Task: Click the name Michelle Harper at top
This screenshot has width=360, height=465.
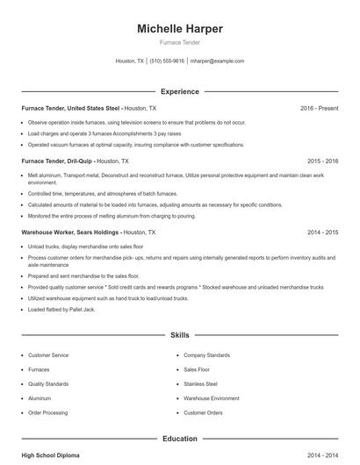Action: tap(180, 29)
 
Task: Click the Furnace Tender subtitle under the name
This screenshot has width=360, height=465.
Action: tap(180, 43)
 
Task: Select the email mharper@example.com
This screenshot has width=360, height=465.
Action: tap(217, 61)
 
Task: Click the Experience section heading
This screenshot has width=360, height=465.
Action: tap(180, 91)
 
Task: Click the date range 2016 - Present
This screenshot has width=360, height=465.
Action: tap(319, 108)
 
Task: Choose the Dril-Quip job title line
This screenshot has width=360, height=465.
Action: tap(75, 161)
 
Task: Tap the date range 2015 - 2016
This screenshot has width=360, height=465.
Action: tap(322, 161)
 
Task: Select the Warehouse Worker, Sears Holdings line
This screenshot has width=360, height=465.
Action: tap(88, 232)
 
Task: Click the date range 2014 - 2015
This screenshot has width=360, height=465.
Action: tap(322, 232)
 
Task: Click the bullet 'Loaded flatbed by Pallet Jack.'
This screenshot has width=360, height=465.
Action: tap(64, 310)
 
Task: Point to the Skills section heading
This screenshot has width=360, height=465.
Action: tap(180, 335)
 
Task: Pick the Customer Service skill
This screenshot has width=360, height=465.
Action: tap(49, 355)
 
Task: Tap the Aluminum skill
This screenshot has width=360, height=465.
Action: tap(40, 398)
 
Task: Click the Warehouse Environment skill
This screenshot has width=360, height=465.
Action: tap(212, 398)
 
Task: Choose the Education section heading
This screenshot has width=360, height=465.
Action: tap(180, 438)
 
